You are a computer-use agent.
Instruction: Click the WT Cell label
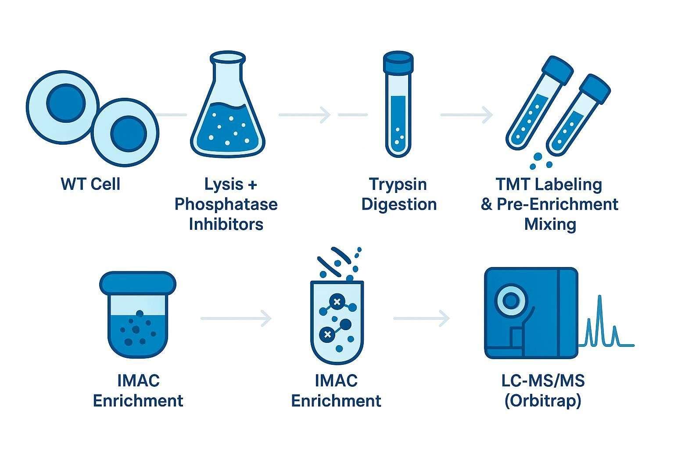(90, 184)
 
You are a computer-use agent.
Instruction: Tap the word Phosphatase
(226, 204)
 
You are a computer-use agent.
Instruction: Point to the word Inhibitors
(226, 224)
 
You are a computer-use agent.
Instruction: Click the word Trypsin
(398, 184)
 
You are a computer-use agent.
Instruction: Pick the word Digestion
(399, 204)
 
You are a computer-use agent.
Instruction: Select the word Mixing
(550, 224)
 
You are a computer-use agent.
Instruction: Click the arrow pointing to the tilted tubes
(466, 115)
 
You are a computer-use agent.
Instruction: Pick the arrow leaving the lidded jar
(236, 318)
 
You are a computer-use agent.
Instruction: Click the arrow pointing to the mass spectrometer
(421, 318)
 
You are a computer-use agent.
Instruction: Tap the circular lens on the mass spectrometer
(510, 301)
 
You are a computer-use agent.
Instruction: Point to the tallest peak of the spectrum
(599, 298)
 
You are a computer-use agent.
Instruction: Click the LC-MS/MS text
(543, 381)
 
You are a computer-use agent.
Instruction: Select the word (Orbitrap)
(543, 401)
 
